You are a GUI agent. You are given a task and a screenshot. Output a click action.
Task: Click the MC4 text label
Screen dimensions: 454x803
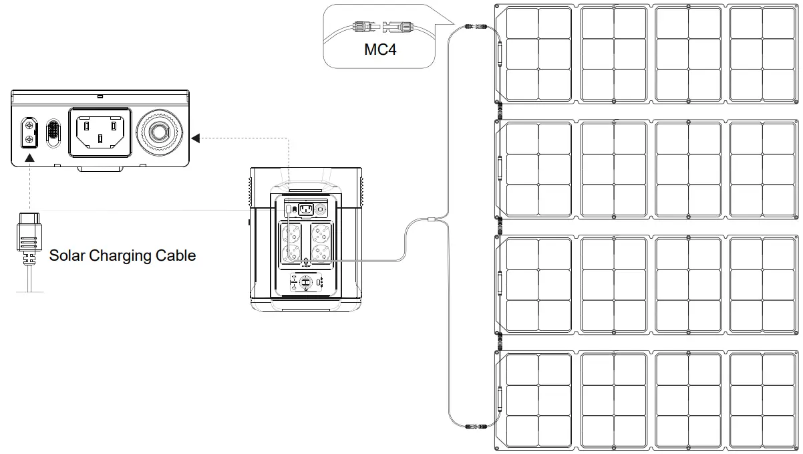pos(380,49)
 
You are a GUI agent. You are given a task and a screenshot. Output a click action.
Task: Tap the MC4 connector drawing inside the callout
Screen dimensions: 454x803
pos(379,28)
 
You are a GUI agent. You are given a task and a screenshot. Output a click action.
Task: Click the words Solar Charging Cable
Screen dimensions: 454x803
pos(122,255)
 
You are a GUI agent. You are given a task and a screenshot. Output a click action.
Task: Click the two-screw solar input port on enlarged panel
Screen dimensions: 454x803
pos(29,132)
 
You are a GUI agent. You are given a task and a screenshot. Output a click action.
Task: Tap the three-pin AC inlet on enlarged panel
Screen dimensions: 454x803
pos(100,131)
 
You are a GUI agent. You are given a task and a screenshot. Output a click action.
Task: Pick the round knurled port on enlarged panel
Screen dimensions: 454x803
pos(159,132)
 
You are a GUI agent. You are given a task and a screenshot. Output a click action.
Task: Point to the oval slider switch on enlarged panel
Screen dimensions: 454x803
pos(53,132)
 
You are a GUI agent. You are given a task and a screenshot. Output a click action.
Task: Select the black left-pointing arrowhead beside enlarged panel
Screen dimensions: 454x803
pos(195,138)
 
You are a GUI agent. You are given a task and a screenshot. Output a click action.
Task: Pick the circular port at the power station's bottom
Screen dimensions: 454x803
pos(305,283)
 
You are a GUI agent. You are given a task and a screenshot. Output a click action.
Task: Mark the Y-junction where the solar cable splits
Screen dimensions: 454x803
pos(432,220)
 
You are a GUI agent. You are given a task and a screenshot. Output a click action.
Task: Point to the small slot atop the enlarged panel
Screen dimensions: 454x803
pos(100,96)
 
